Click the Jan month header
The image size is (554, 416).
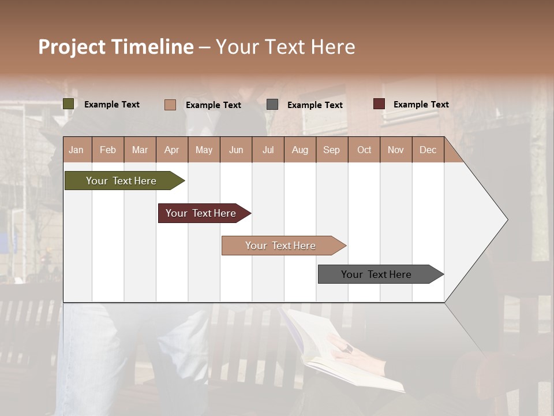pyautogui.click(x=76, y=150)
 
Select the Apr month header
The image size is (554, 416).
pyautogui.click(x=171, y=150)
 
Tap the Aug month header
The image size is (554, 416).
pyautogui.click(x=300, y=150)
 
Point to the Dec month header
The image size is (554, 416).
pyautogui.click(x=428, y=150)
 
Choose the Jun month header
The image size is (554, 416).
pyautogui.click(x=235, y=150)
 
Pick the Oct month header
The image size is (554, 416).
pyautogui.click(x=364, y=150)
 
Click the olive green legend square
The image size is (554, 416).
pyautogui.click(x=68, y=104)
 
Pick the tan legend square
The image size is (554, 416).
pyautogui.click(x=170, y=105)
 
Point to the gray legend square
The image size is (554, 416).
pyautogui.click(x=272, y=105)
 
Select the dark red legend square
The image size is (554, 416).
pyautogui.click(x=379, y=104)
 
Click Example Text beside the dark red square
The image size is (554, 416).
pyautogui.click(x=421, y=105)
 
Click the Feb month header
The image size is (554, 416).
pyautogui.click(x=108, y=150)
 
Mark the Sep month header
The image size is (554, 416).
pyautogui.click(x=331, y=150)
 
